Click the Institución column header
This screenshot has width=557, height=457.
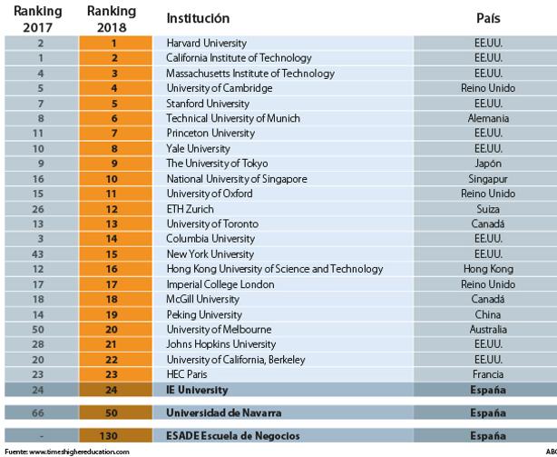pos(198,18)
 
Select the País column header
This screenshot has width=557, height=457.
pos(488,18)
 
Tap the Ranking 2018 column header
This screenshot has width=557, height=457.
pos(112,19)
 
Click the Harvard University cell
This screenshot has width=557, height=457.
pos(207,43)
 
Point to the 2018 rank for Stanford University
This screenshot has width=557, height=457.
pos(114,104)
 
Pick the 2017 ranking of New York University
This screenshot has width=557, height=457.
pos(38,254)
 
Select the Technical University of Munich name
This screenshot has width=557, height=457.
pos(233,118)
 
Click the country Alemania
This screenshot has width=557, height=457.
pos(488,118)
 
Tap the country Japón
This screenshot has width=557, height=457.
pos(488,164)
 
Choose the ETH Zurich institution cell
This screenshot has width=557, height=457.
pos(190,209)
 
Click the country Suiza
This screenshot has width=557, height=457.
pos(488,209)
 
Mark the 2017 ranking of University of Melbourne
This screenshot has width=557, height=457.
pos(38,329)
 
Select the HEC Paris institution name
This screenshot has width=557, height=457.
pos(187,374)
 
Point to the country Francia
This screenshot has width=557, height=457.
pos(488,374)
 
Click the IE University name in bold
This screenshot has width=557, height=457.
pos(197,390)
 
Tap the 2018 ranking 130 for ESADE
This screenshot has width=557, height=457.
pos(108,436)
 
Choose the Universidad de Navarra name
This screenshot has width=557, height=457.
pos(224,412)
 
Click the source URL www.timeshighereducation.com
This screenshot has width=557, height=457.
pos(79,452)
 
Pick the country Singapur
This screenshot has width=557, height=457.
pos(488,179)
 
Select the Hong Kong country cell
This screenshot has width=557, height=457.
pos(488,269)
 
